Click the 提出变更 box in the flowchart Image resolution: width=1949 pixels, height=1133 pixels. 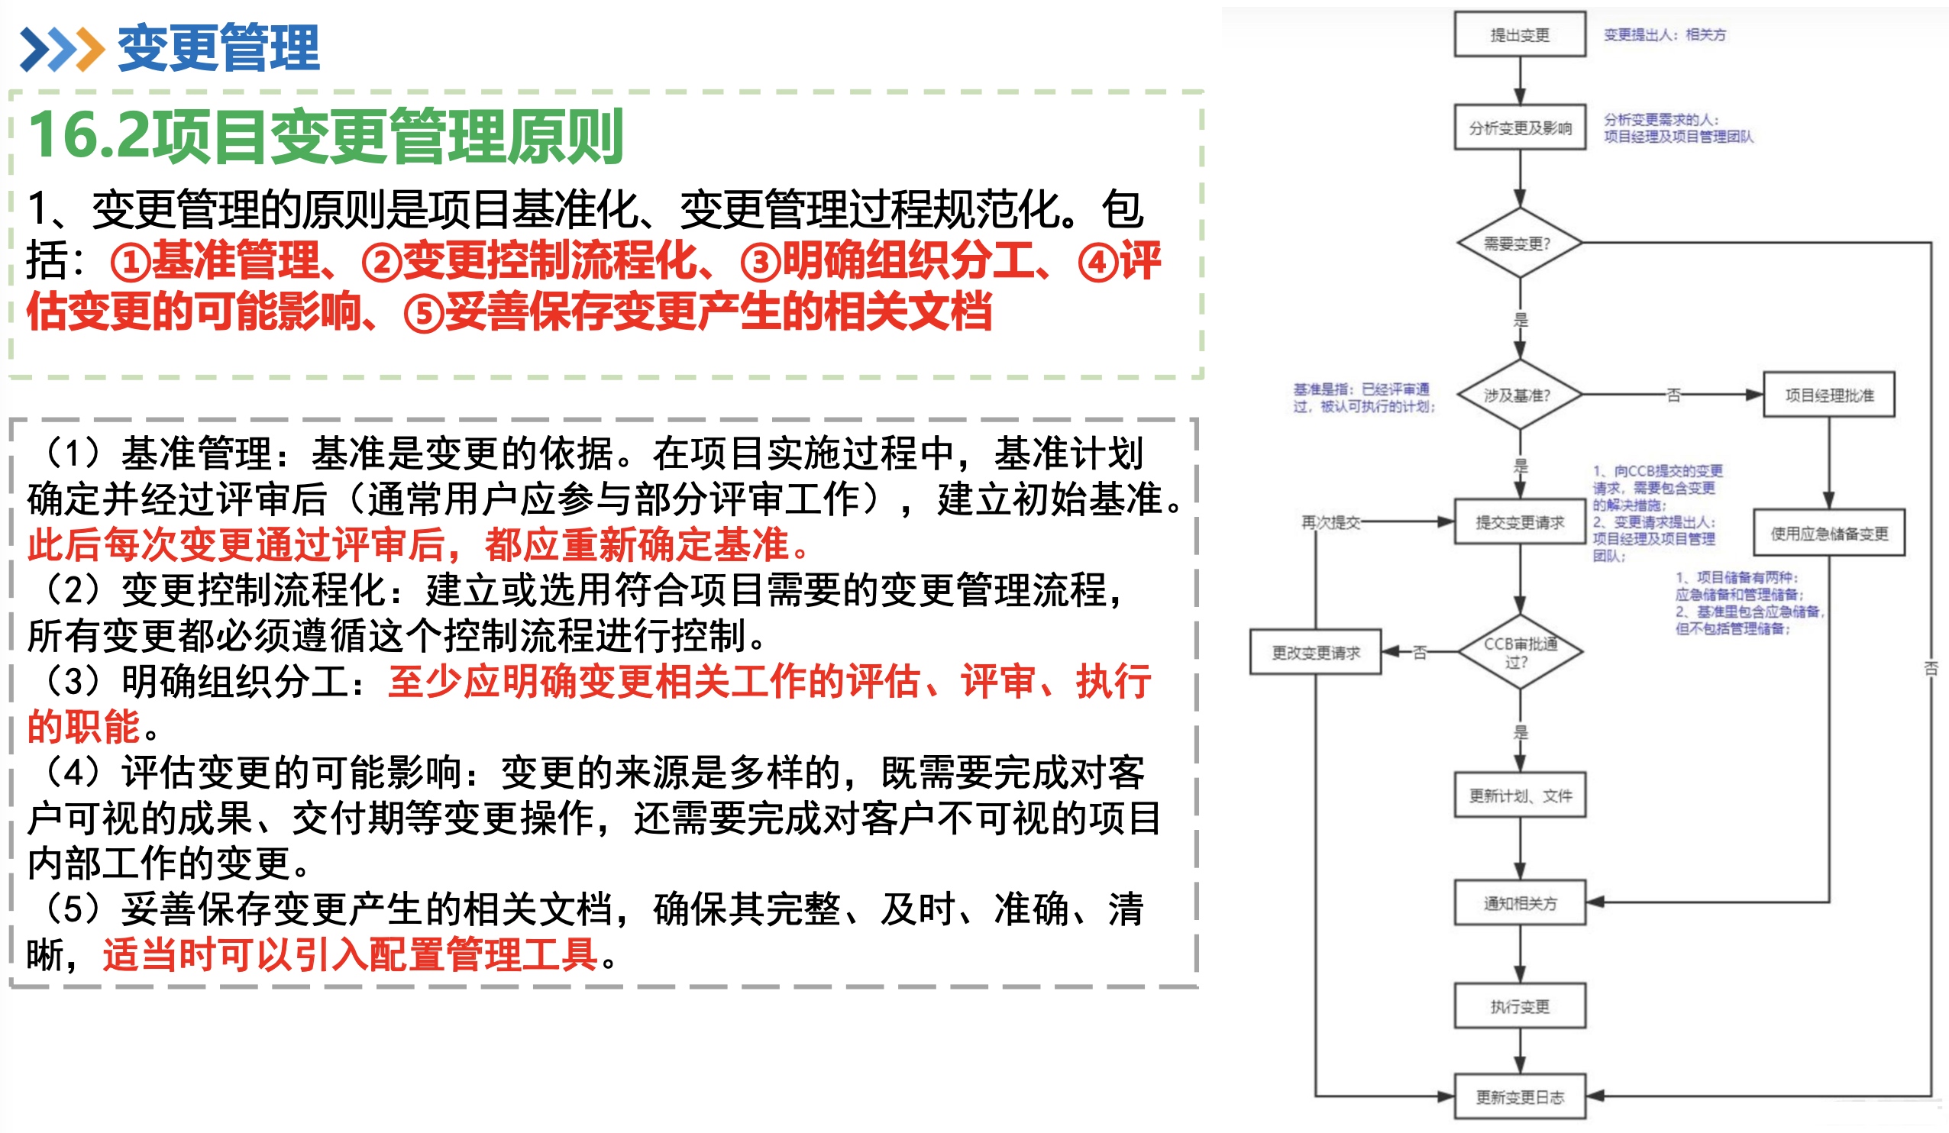point(1519,35)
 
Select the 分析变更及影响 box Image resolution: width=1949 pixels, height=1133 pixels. point(1519,128)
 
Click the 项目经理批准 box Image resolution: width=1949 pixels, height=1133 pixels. point(1828,395)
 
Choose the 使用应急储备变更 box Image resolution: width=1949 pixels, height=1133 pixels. point(1828,533)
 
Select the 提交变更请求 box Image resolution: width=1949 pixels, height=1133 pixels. point(1519,522)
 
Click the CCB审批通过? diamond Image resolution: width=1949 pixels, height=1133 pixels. point(1519,652)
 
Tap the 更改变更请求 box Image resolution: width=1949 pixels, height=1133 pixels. point(1315,652)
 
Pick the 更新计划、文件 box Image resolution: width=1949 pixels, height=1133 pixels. point(1519,795)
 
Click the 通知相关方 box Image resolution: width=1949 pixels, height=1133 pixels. point(1519,902)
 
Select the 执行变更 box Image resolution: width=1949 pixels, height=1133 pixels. point(1519,1005)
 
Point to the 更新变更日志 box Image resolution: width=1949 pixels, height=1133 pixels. point(1519,1096)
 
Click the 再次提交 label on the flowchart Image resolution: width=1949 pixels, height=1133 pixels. point(1330,522)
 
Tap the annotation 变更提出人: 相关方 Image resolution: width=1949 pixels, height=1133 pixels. point(1663,35)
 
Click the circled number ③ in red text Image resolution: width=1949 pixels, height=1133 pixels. point(760,262)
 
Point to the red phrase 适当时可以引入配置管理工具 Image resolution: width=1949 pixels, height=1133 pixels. point(350,954)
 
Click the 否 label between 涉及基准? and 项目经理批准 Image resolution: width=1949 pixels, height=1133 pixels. point(1673,395)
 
